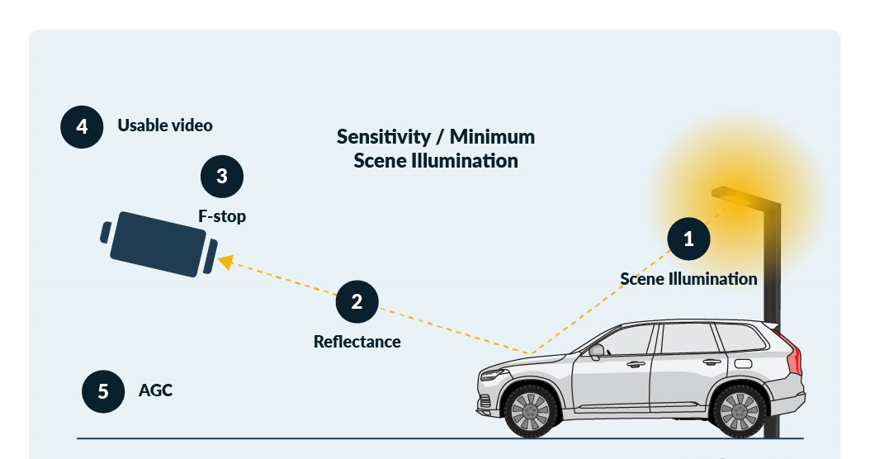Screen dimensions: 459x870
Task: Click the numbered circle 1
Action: [688, 239]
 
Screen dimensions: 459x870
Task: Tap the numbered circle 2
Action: [357, 301]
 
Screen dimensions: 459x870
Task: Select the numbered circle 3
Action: [222, 176]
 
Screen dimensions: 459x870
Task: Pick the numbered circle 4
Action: [82, 127]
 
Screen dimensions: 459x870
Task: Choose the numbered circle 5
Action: [103, 390]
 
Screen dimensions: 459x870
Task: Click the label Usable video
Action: [165, 125]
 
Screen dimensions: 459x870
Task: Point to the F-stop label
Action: [222, 216]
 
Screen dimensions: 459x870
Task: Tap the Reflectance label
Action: [357, 342]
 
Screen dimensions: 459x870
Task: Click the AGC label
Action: [155, 390]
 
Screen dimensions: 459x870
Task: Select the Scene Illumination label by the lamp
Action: [688, 279]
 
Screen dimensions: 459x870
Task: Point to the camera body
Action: [158, 244]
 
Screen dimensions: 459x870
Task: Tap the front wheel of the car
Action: [530, 411]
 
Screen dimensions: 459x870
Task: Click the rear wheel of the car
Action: [740, 411]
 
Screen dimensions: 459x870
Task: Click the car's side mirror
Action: [596, 350]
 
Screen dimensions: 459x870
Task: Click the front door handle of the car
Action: [635, 363]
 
